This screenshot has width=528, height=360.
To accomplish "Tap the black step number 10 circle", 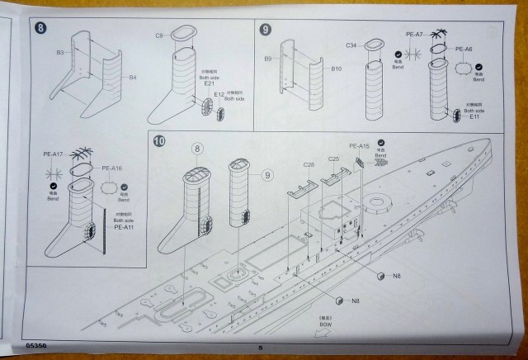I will [x=160, y=141].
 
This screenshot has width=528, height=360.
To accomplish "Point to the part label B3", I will [x=61, y=53].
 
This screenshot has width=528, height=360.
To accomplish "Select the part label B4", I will [x=133, y=78].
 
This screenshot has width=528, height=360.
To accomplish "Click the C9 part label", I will [x=159, y=35].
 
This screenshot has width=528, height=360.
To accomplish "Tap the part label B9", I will [x=268, y=59].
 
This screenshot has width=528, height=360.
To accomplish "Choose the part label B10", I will [x=336, y=69].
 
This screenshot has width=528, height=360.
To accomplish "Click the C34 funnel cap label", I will [x=351, y=44].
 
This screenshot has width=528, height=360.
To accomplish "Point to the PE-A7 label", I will [x=414, y=34].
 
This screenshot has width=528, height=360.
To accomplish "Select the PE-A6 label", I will [x=463, y=50].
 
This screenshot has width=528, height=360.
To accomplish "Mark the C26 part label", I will [x=309, y=164].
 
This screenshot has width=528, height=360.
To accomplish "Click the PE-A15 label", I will [x=360, y=146].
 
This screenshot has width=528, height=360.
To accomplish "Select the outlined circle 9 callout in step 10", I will [x=266, y=174].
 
